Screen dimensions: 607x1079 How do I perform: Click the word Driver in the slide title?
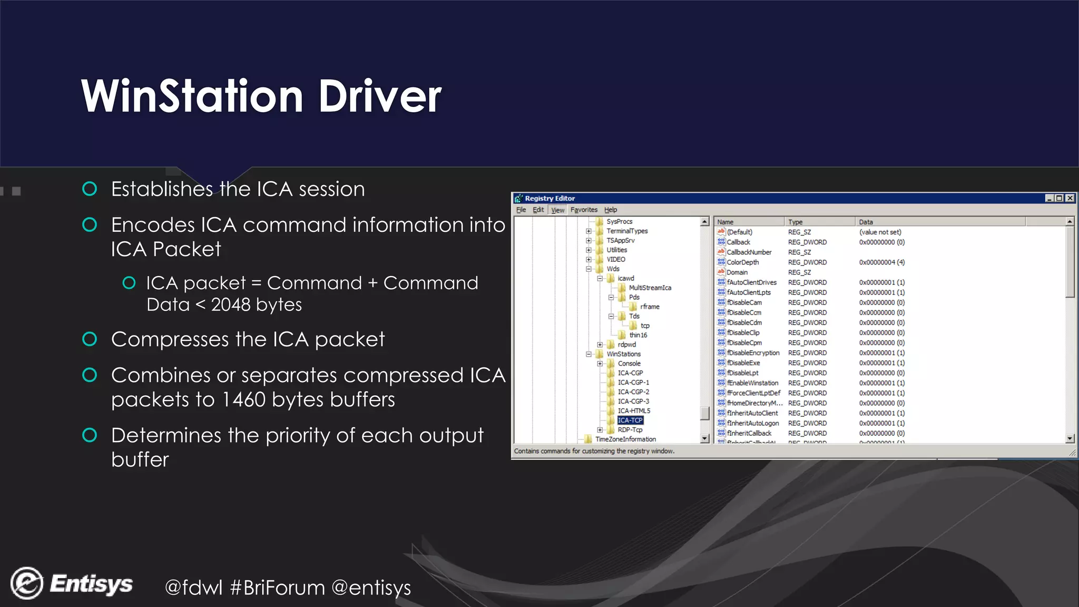pyautogui.click(x=379, y=97)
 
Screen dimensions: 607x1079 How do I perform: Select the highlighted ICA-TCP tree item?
pyautogui.click(x=630, y=420)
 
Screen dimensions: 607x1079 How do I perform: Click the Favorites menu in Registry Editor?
pyautogui.click(x=584, y=210)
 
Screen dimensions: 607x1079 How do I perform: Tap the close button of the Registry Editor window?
pyautogui.click(x=1070, y=198)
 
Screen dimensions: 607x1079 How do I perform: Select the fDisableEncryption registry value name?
pyautogui.click(x=753, y=353)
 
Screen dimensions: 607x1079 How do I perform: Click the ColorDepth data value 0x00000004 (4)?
pyautogui.click(x=881, y=262)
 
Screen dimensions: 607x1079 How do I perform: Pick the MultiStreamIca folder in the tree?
pyautogui.click(x=650, y=288)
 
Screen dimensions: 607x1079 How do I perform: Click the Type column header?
pyautogui.click(x=796, y=222)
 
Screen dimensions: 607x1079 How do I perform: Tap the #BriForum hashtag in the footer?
pyautogui.click(x=278, y=588)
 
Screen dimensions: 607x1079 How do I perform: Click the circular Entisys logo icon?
pyautogui.click(x=26, y=583)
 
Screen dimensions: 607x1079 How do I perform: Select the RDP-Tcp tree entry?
pyautogui.click(x=630, y=430)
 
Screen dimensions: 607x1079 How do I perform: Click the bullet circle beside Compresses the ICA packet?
pyautogui.click(x=90, y=339)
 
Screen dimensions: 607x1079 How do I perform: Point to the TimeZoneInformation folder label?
pyautogui.click(x=625, y=439)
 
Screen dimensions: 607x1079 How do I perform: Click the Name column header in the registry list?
pyautogui.click(x=725, y=222)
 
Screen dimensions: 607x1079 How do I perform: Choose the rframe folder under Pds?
pyautogui.click(x=650, y=307)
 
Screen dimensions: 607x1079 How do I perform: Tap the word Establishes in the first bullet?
pyautogui.click(x=162, y=189)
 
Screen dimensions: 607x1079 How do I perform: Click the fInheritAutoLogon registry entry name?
pyautogui.click(x=752, y=423)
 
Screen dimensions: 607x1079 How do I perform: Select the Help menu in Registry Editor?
pyautogui.click(x=610, y=210)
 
